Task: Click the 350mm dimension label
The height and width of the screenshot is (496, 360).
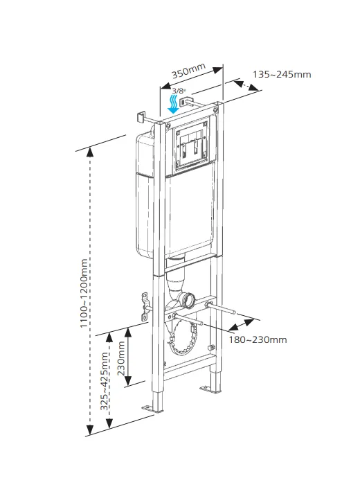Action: click(188, 71)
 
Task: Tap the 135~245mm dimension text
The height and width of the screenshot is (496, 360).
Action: click(282, 75)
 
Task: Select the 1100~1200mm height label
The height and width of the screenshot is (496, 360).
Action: click(84, 293)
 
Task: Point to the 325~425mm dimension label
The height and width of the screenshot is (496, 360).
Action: click(105, 381)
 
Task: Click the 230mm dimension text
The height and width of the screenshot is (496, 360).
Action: click(121, 358)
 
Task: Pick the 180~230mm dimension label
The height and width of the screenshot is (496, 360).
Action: click(258, 339)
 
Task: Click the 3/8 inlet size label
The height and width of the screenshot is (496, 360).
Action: click(179, 91)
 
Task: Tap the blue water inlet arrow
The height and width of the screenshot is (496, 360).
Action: click(174, 104)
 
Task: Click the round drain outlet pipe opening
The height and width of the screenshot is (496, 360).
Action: click(189, 300)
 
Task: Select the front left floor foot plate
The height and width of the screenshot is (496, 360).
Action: click(152, 409)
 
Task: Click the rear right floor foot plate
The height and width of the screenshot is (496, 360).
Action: click(210, 390)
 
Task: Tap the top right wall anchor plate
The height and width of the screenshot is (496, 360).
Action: click(183, 102)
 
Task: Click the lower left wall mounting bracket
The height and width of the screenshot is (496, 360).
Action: click(145, 307)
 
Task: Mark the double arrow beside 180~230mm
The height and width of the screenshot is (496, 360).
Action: click(241, 325)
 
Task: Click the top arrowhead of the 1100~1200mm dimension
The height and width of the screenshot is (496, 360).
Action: click(91, 152)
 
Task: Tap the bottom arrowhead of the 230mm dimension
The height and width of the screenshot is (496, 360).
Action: click(127, 380)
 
